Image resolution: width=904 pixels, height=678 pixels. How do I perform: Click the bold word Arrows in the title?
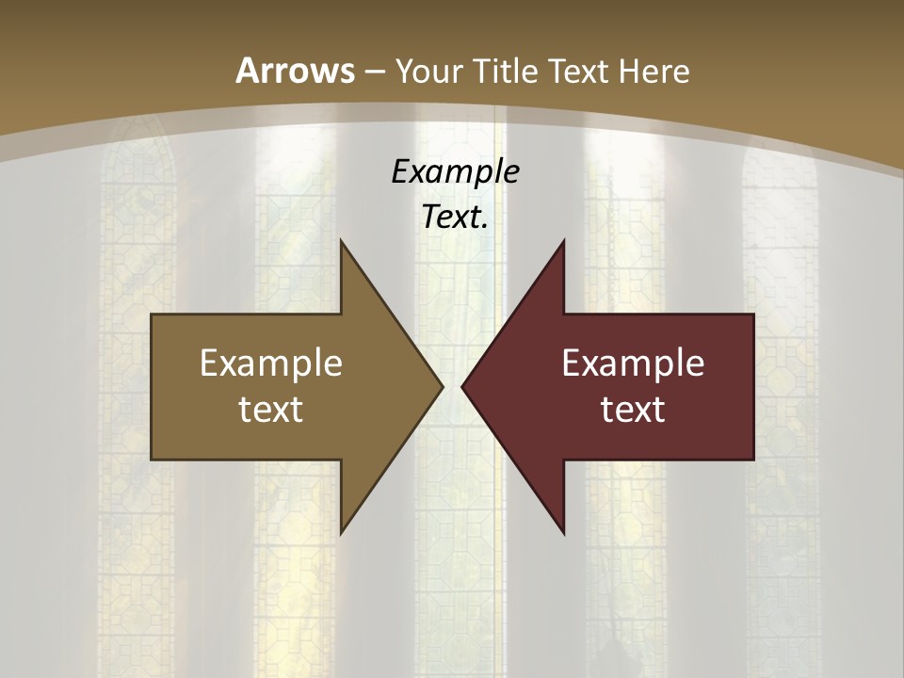coord(295,71)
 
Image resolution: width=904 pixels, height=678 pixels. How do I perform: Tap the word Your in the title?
coord(429,71)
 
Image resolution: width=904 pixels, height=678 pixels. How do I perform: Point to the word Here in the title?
coord(655,71)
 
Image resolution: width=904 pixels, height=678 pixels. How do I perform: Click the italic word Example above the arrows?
coord(455,171)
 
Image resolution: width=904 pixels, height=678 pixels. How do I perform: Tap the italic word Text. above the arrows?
coord(455,217)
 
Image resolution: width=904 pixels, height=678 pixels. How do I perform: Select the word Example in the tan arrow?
coord(271,363)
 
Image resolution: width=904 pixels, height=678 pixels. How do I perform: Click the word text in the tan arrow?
coord(271,409)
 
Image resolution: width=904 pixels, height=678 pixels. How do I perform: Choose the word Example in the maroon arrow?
coord(633,363)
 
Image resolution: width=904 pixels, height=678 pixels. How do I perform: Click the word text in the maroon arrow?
coord(633,409)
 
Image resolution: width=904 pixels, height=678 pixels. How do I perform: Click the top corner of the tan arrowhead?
coord(341,241)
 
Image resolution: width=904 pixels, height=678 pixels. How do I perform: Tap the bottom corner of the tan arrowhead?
coord(341,533)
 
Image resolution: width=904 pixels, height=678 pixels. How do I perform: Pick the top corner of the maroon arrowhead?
coord(563,241)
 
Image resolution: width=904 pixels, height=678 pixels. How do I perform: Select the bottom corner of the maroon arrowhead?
coord(563,533)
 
